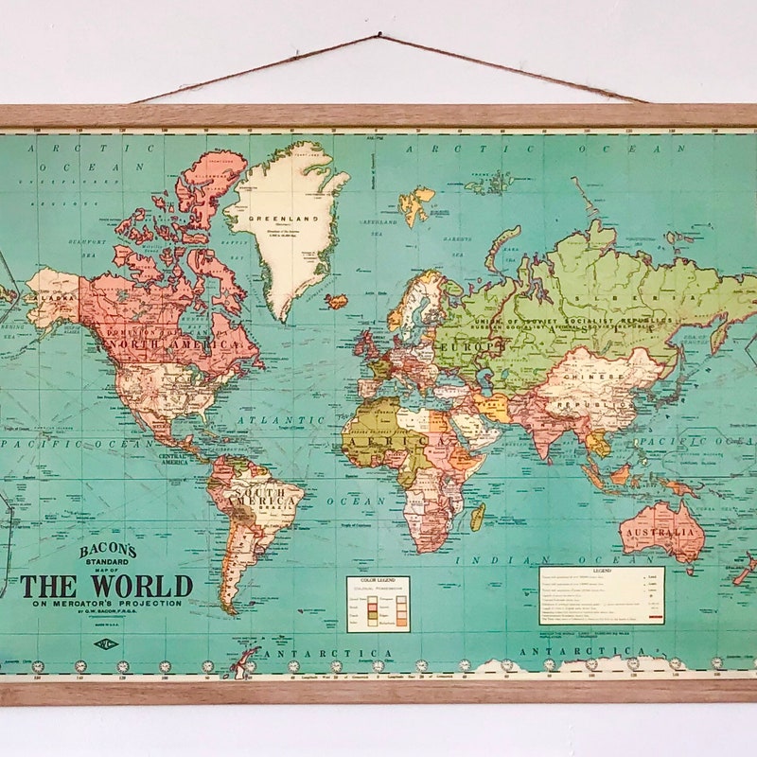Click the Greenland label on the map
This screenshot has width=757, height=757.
[x=279, y=218]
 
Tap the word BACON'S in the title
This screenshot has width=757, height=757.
[x=108, y=551]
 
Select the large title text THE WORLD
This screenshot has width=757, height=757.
[x=106, y=586]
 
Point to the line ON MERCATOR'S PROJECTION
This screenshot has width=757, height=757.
[x=106, y=605]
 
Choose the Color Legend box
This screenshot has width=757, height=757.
[x=378, y=604]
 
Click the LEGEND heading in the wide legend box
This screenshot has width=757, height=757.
[x=602, y=572]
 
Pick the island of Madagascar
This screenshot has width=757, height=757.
[x=478, y=516]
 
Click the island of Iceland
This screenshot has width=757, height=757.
[x=337, y=301]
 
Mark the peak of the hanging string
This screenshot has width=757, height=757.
[x=380, y=37]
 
